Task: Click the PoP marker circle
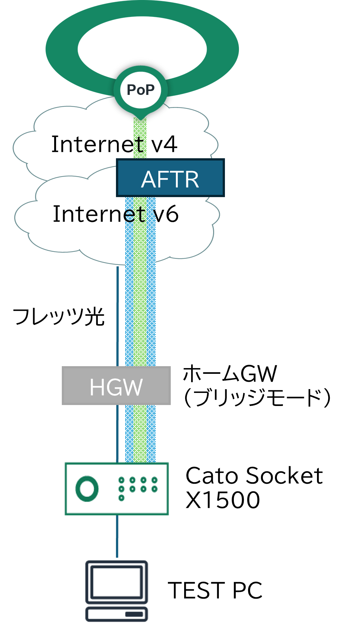click(140, 90)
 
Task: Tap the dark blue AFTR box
click(170, 178)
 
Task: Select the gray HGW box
click(116, 386)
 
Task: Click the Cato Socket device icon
click(117, 489)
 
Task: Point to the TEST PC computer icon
click(117, 591)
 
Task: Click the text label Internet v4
click(114, 144)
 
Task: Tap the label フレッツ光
click(59, 317)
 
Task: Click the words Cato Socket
click(254, 476)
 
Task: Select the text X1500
click(223, 500)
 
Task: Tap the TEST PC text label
click(215, 590)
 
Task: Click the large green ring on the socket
click(87, 489)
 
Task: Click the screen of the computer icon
click(117, 582)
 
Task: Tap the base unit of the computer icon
click(117, 614)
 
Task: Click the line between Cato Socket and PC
click(117, 537)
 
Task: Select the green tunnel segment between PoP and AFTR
click(140, 139)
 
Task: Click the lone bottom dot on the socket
click(121, 498)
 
